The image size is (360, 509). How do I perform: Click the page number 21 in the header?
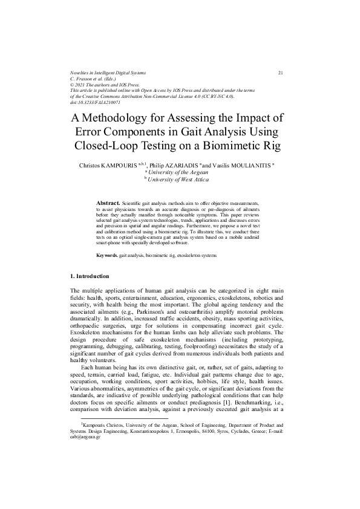click(x=281, y=73)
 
